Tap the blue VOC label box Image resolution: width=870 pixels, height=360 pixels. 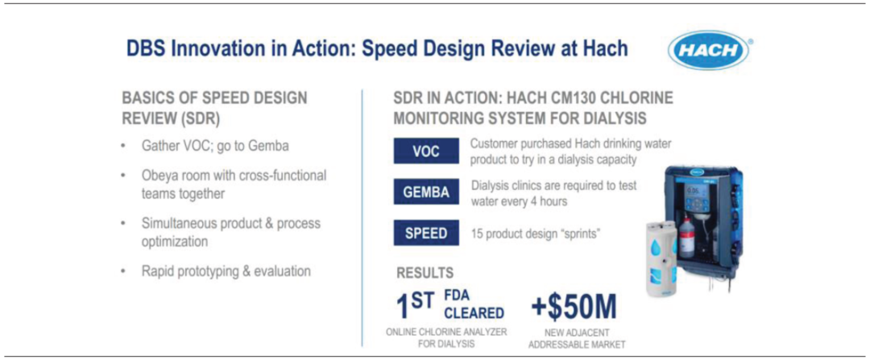click(x=426, y=151)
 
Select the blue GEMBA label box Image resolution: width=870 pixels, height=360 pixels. click(x=426, y=192)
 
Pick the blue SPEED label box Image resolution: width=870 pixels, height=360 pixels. click(x=426, y=233)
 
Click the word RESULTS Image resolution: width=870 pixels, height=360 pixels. click(x=425, y=273)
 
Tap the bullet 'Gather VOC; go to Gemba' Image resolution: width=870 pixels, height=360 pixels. click(x=215, y=147)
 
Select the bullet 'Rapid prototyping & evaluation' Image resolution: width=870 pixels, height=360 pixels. click(x=226, y=271)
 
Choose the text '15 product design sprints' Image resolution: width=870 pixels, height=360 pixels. click(x=536, y=234)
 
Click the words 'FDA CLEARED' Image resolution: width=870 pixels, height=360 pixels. click(x=474, y=304)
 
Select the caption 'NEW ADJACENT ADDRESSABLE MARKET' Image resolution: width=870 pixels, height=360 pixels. click(x=577, y=338)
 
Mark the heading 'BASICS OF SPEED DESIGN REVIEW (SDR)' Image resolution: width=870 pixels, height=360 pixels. click(x=214, y=108)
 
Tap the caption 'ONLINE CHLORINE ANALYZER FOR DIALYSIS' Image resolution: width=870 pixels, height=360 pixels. click(x=446, y=337)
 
